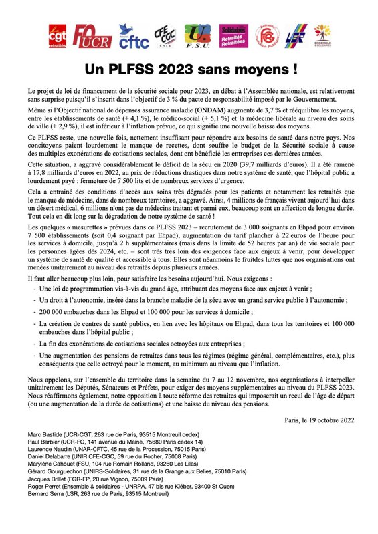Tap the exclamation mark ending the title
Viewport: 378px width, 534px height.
[x=294, y=69]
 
